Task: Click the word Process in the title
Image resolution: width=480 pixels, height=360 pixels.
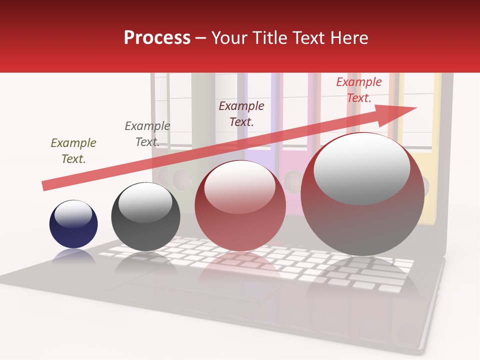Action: (x=157, y=38)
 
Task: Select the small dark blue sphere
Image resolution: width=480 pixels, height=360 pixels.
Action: (x=73, y=224)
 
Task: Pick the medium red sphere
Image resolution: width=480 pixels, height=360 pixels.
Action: (x=240, y=205)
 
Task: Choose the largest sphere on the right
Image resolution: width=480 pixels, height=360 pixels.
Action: (x=362, y=194)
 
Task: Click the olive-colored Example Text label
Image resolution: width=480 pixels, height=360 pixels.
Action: (x=73, y=151)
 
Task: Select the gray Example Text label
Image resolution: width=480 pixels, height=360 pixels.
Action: (x=147, y=134)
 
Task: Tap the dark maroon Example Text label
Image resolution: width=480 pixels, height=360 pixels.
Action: (x=241, y=113)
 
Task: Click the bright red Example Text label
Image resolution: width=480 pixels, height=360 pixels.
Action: (x=359, y=90)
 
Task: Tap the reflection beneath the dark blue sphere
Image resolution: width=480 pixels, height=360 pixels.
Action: (x=73, y=256)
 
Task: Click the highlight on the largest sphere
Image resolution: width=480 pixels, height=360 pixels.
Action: (x=361, y=167)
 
